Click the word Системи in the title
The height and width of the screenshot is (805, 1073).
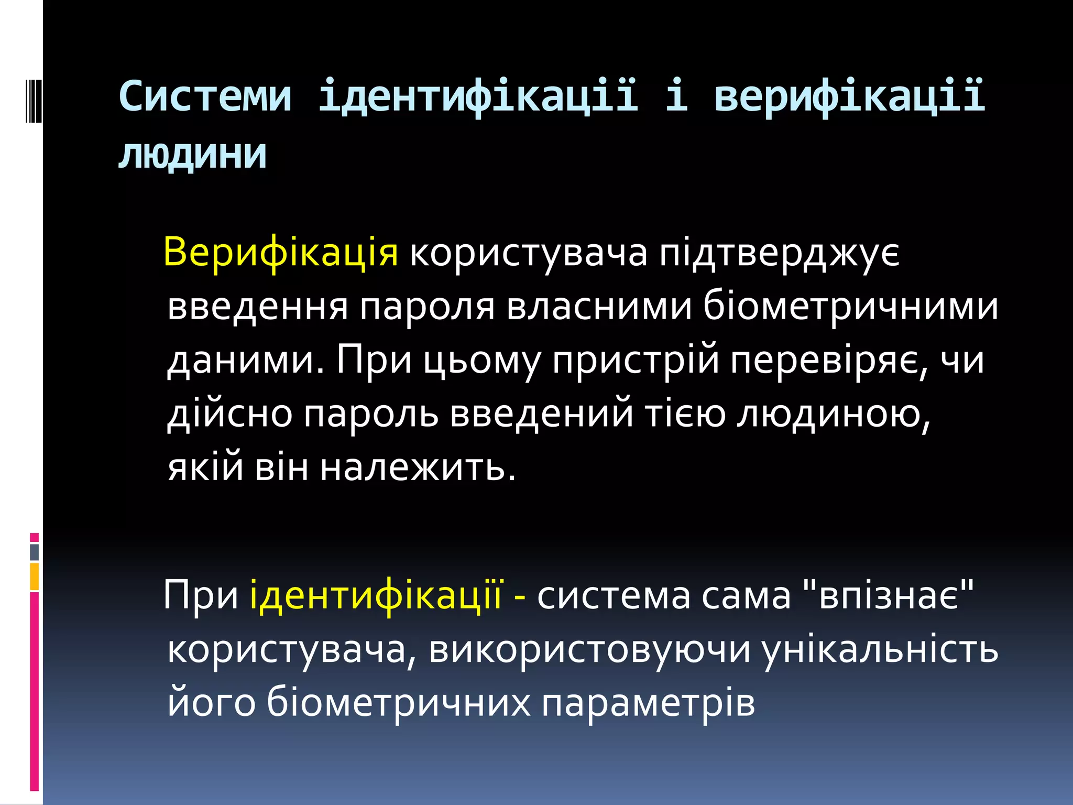[205, 96]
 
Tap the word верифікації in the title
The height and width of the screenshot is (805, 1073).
[849, 96]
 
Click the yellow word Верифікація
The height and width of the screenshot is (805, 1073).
[281, 253]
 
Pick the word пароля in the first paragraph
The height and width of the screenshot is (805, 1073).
[427, 307]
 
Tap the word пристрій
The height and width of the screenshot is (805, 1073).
[636, 361]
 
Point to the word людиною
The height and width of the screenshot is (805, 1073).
[834, 414]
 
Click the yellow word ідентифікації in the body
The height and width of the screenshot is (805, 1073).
[376, 595]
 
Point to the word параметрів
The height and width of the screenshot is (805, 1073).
[648, 702]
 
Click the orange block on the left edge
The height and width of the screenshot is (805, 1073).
[35, 576]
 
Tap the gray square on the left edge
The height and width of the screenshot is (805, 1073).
[35, 552]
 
